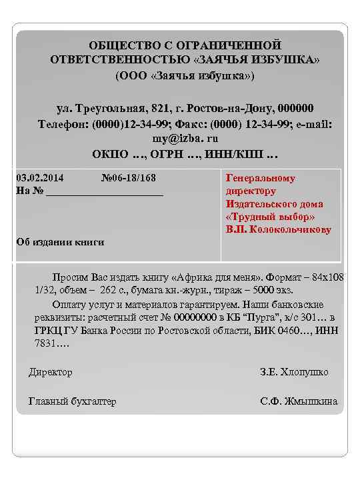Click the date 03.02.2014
click(39, 178)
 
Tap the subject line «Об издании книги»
click(60, 242)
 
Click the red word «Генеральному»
click(261, 179)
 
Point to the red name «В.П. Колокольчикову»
click(279, 229)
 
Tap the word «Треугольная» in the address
click(116, 109)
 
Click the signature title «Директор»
click(51, 372)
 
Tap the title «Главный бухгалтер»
click(72, 401)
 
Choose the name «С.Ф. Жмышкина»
click(299, 401)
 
